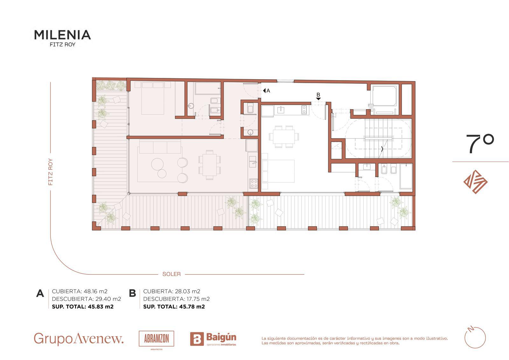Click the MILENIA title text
click(62, 35)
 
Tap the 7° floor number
click(480, 144)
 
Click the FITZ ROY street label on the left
click(51, 172)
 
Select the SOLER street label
click(171, 274)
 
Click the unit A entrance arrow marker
click(264, 90)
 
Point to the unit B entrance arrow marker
click(318, 99)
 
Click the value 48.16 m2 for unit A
click(95, 291)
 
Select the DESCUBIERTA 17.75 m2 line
click(176, 299)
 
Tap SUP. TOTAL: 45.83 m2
click(83, 307)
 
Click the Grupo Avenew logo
click(79, 339)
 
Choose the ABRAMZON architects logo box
click(156, 339)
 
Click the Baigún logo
click(213, 339)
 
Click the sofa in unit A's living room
click(160, 147)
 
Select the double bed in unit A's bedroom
click(153, 98)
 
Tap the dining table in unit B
click(284, 137)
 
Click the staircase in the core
click(378, 138)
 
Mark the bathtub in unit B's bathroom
click(406, 176)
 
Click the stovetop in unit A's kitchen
click(254, 184)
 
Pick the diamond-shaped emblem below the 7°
click(475, 182)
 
